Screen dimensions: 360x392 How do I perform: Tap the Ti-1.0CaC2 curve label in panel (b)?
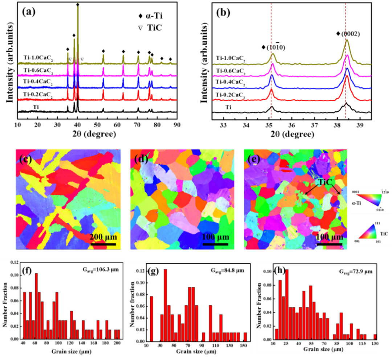coord(230,58)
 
